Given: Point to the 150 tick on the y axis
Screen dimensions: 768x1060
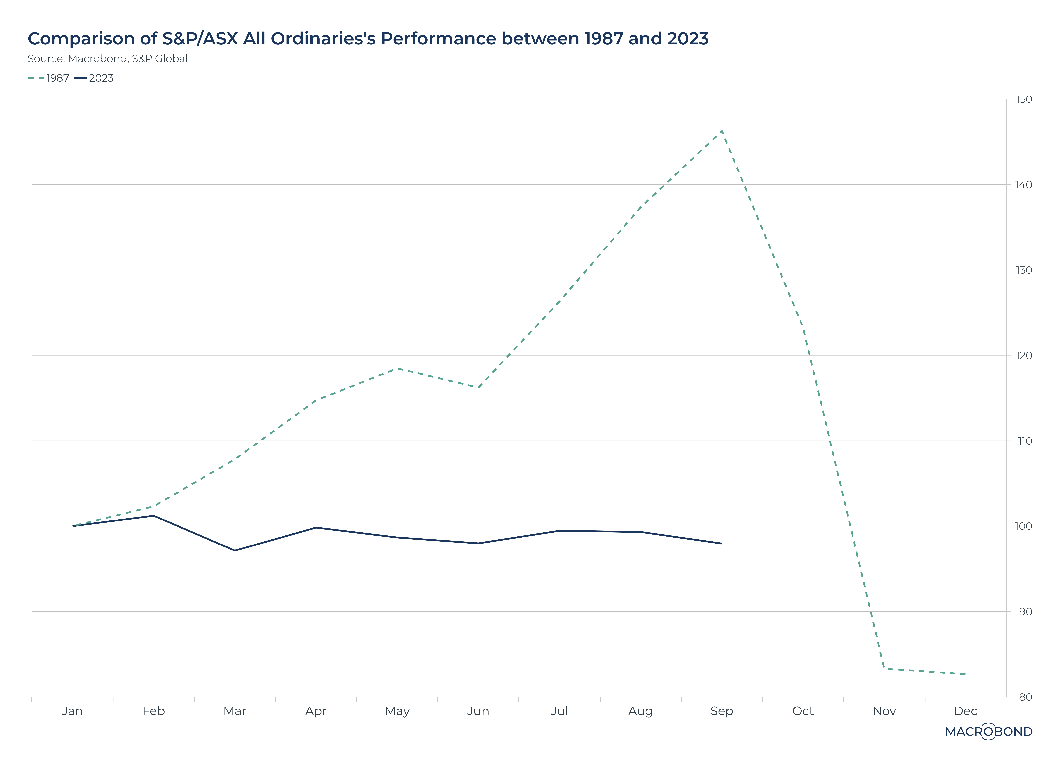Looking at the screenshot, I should click(x=1024, y=99).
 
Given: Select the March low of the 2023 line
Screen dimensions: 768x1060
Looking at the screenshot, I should click(x=235, y=550).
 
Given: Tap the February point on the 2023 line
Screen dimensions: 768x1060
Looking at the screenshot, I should click(x=153, y=516).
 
